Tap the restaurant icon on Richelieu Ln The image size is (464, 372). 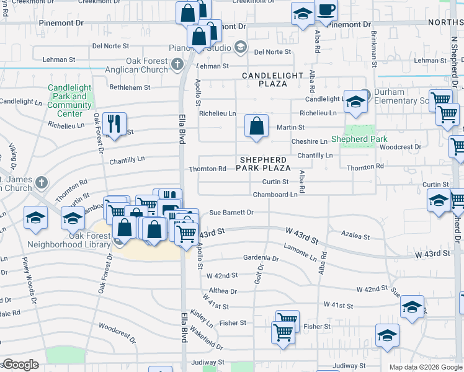pos(114,123)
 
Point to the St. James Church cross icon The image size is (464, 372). pos(41,182)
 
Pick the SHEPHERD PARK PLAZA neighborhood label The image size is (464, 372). pos(265,164)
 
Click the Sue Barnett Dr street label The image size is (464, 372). pos(231,213)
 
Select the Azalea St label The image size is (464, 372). pos(355,236)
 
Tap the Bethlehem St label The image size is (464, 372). pos(130,87)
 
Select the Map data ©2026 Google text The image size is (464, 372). pos(425,367)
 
